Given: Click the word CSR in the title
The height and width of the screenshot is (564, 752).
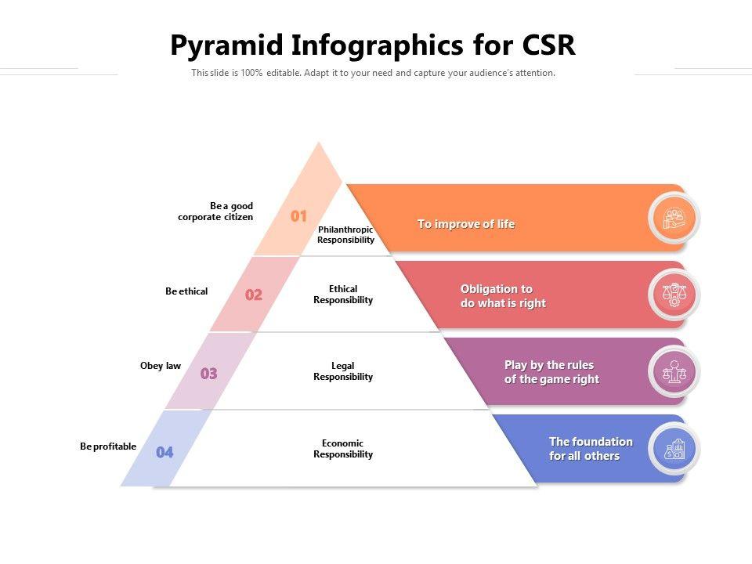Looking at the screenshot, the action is coord(548,45).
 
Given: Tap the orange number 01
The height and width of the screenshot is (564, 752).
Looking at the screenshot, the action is coord(298,216).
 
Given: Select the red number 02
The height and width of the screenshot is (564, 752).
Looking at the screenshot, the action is coord(254,295).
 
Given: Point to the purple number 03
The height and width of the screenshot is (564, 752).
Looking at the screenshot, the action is coord(208,373).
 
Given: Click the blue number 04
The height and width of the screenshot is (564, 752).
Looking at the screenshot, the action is coord(164,452).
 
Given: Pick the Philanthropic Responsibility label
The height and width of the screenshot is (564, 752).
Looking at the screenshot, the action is coord(345,234).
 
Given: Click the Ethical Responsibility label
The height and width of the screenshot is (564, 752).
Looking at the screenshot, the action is coord(343,295).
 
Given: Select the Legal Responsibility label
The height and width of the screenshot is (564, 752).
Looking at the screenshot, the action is coord(343,371).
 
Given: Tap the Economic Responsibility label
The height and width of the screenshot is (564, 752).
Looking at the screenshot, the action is coord(343,448).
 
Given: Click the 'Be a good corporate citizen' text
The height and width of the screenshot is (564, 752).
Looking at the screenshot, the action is coord(215,211).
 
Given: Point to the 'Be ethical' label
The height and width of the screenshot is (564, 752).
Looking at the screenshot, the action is coord(186,291).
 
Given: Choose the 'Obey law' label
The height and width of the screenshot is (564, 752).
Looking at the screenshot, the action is coord(160,366).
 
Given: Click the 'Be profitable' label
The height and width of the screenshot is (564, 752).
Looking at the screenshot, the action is coord(108,446).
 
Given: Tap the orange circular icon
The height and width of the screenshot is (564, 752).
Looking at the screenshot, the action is coord(674,219).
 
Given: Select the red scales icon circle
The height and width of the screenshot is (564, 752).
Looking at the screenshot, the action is coord(674,295).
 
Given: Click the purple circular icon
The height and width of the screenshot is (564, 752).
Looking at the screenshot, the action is coord(674,371).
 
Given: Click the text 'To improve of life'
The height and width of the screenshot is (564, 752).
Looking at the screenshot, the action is coord(466,224).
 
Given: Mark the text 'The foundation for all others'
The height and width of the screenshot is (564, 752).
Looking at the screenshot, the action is coord(591,448).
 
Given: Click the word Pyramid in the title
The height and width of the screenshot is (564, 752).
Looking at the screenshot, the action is coord(227,46).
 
